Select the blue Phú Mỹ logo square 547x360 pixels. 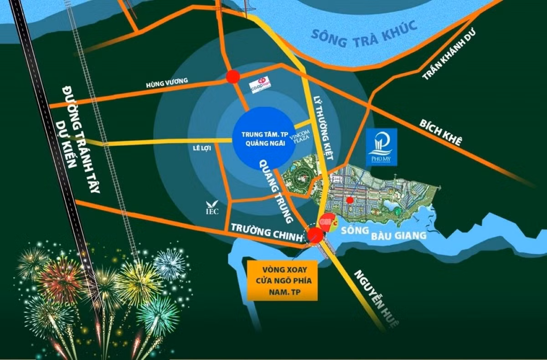[x=382, y=147]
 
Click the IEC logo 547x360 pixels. [x=212, y=207]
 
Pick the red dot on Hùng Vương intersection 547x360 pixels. [x=233, y=77]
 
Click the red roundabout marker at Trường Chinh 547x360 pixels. [x=315, y=235]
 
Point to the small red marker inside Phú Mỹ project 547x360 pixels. [x=350, y=200]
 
